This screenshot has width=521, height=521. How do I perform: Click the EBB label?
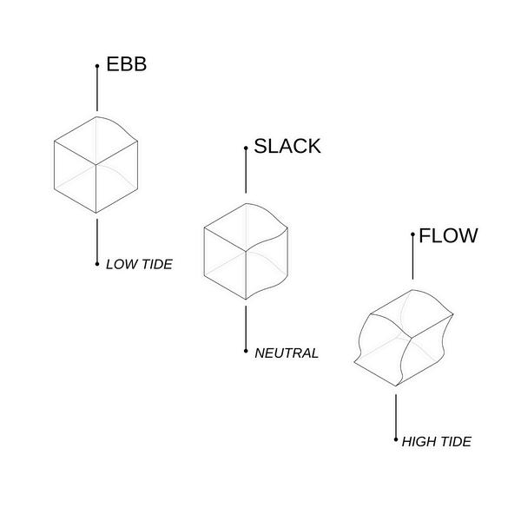[127, 64]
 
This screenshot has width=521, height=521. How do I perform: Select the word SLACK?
[287, 146]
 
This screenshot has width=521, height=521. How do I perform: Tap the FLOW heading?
[448, 235]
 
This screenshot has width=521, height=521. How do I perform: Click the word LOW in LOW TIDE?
[120, 264]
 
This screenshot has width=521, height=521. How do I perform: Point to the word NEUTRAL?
[287, 353]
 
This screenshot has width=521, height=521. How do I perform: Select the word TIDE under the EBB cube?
[155, 264]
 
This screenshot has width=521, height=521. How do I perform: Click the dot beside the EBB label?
[97, 66]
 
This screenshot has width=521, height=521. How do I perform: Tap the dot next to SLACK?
[246, 148]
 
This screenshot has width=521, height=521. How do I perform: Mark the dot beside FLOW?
[412, 235]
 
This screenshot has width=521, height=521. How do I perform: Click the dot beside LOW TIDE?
[97, 263]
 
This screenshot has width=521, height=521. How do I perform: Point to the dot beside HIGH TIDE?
[396, 440]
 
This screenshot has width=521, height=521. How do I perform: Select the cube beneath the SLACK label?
[246, 251]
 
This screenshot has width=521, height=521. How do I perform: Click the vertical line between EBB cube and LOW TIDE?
[97, 240]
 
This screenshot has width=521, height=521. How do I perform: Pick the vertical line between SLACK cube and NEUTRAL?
[246, 327]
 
